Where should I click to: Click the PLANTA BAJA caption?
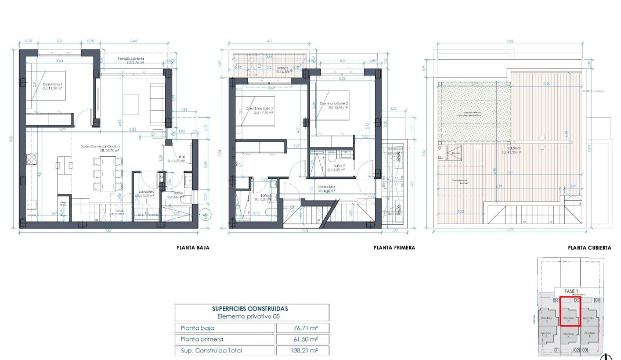193,247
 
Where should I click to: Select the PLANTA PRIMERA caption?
395,247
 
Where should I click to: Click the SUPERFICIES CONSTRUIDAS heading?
252,309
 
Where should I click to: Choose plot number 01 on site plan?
556,350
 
